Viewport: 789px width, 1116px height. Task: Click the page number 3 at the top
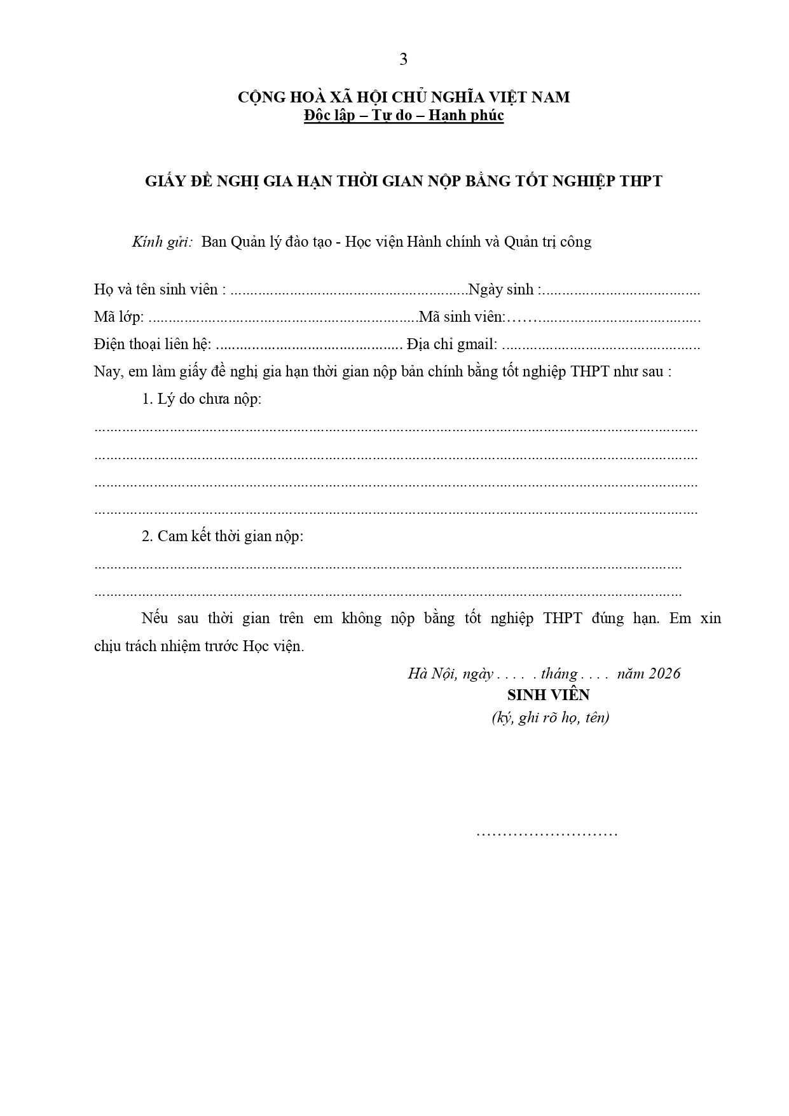403,60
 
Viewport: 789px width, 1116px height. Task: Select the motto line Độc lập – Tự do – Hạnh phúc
404,116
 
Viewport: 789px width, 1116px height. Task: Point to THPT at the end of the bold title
641,181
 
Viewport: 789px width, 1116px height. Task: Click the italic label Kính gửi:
162,242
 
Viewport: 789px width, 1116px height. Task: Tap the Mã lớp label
118,317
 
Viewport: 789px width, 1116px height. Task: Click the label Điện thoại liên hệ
152,345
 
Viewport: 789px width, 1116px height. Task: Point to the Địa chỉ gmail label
452,345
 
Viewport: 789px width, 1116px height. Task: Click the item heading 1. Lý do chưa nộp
201,399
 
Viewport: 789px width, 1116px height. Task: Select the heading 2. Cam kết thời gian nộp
222,536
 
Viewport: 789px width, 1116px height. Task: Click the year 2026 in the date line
664,674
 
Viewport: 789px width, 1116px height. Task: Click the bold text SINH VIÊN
548,695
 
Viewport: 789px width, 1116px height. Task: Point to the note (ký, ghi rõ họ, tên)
550,718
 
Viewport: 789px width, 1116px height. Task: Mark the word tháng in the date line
559,674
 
